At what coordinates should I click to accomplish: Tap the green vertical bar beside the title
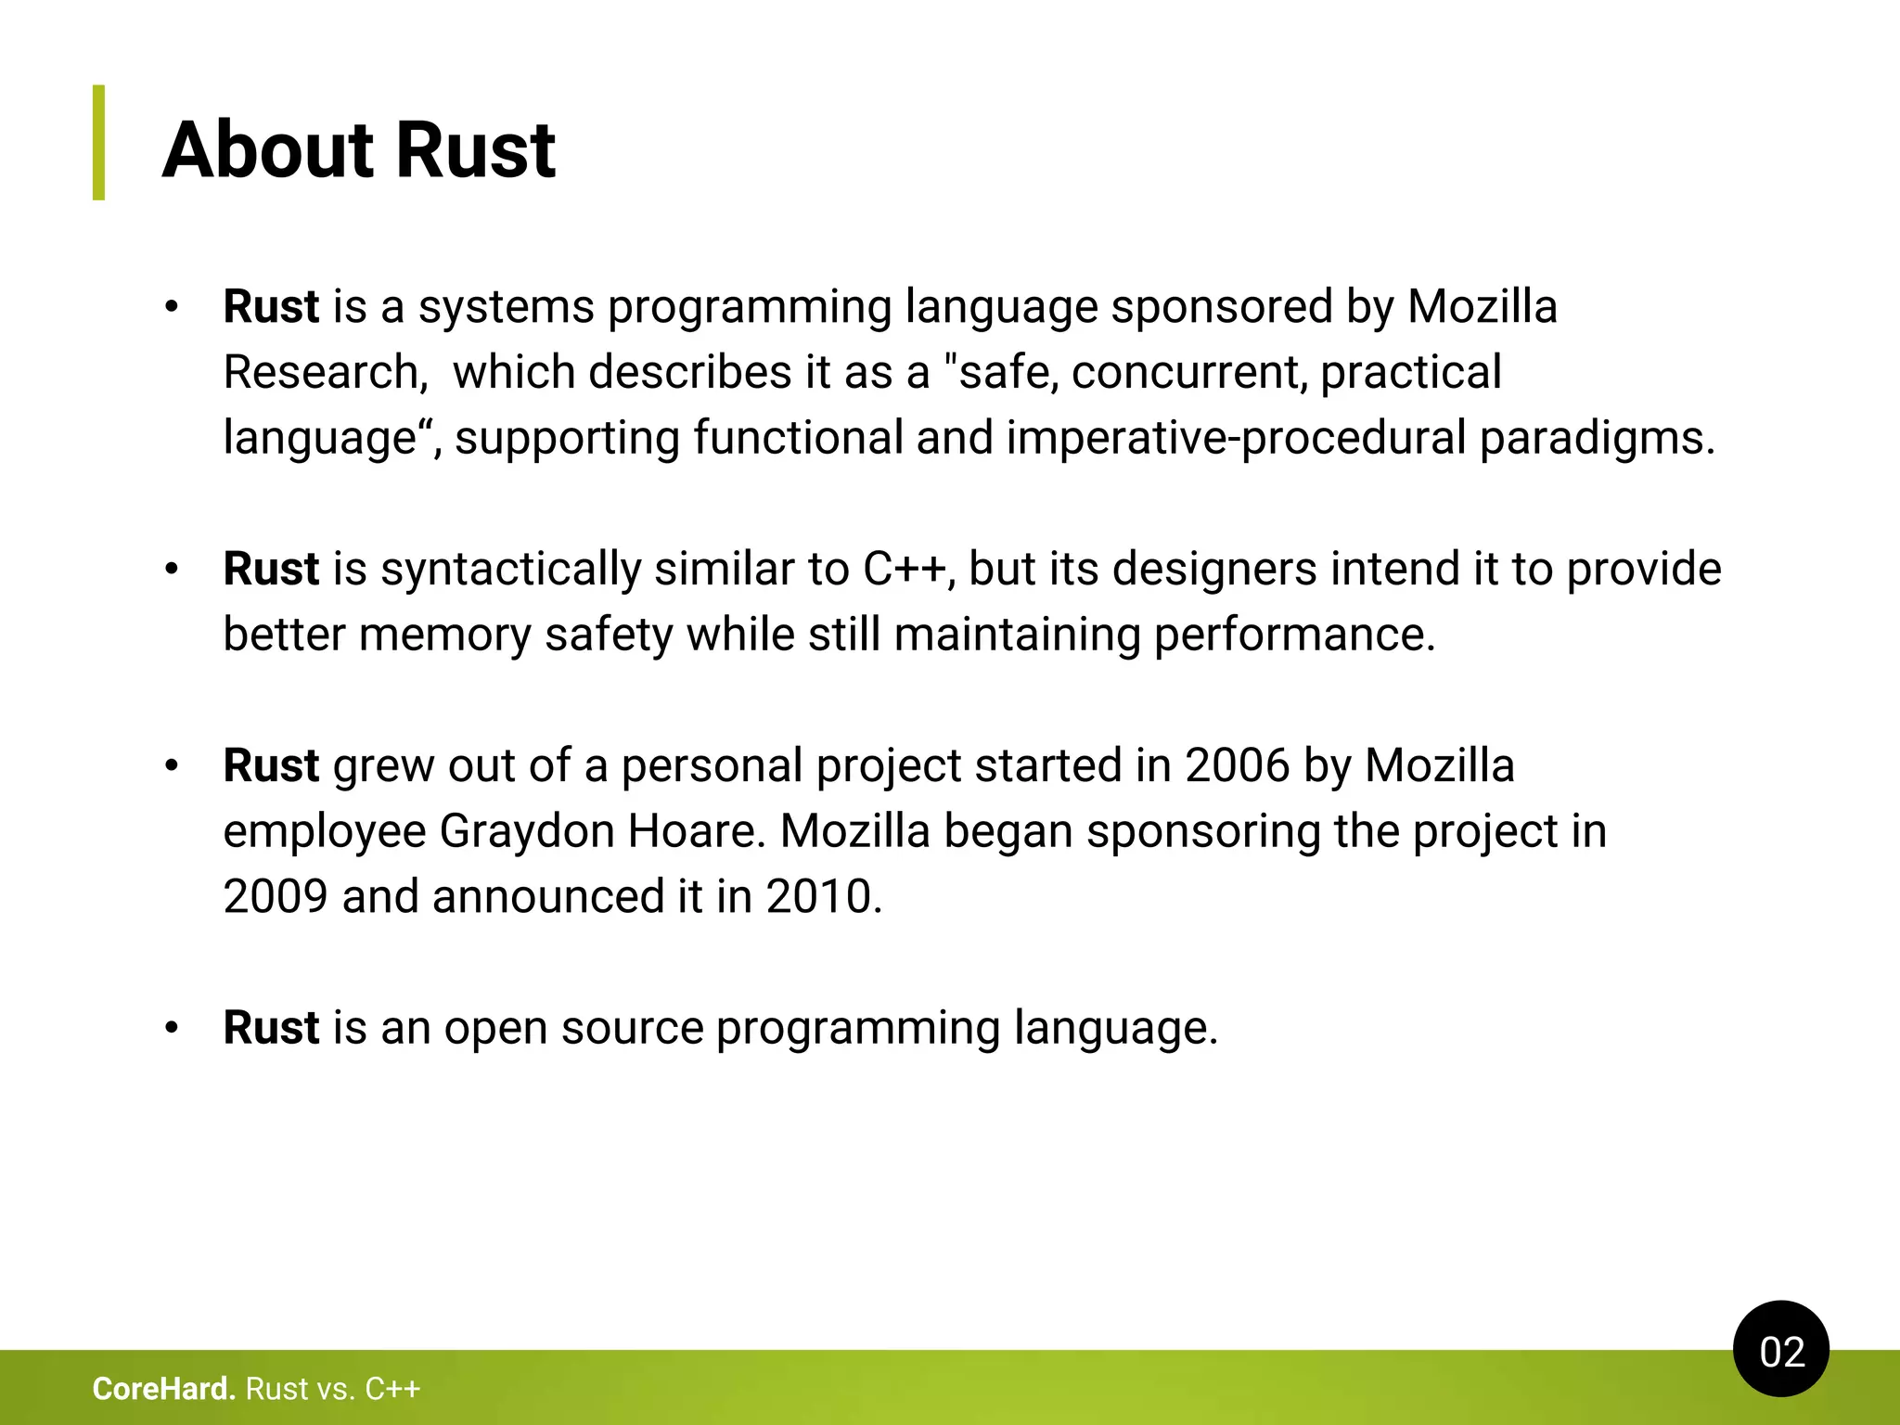98,143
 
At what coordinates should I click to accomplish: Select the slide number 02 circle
1780,1351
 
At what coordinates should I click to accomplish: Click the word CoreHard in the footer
163,1389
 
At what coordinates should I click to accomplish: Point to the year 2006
1237,766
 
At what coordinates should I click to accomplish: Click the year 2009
276,897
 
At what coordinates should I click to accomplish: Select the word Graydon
526,831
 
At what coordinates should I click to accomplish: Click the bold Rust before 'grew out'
271,766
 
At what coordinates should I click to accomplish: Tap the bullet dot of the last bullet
171,1029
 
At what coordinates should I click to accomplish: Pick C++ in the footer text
392,1389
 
